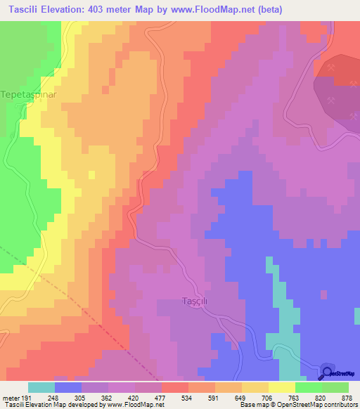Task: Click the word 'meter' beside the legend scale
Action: [12, 397]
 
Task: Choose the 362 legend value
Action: [108, 397]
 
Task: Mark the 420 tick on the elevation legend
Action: [135, 397]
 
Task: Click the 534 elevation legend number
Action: [188, 397]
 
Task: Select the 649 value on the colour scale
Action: [242, 397]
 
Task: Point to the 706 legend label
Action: [269, 397]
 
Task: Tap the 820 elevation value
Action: [321, 397]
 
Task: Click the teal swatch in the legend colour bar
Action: [41, 387]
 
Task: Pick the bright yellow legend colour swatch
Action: [281, 387]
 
